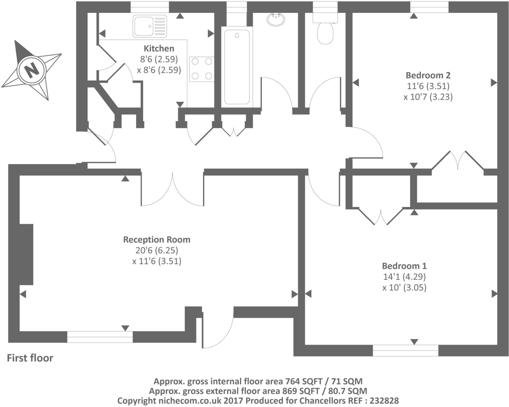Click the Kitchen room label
coord(159,49)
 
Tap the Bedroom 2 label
coord(428,75)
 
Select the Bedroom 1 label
coord(404,266)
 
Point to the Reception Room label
coord(157,239)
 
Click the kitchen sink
coord(149,26)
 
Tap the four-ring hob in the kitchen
coord(202,69)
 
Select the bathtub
coord(237,67)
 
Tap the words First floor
coord(30,358)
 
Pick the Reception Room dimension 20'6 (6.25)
coord(157,250)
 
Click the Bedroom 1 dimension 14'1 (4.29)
coord(404,277)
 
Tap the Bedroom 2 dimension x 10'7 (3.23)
coord(428,97)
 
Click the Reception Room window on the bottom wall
coord(100,337)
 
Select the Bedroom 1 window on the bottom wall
coord(405,350)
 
